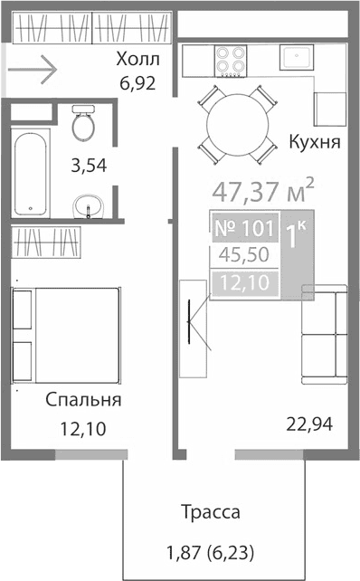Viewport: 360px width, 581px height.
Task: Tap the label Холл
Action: point(137,62)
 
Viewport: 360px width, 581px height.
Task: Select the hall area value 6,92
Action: point(137,88)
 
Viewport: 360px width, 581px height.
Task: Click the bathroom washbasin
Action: point(89,205)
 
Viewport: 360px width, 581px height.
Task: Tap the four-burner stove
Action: point(232,62)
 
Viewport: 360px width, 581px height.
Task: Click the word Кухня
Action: point(314,141)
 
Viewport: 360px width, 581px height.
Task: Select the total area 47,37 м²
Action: point(263,191)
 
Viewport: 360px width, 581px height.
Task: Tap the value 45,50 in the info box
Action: point(239,256)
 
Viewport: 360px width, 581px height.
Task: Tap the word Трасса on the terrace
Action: point(209,513)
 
